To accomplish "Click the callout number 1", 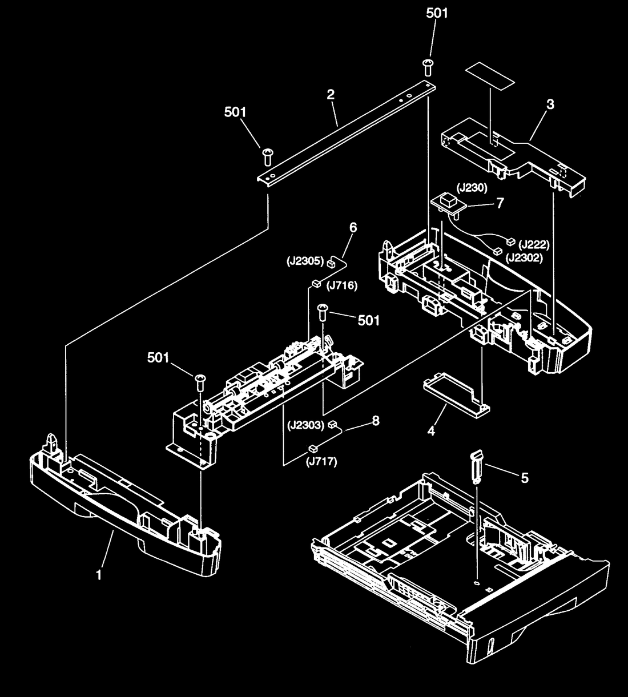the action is point(99,575).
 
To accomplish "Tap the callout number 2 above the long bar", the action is point(331,94).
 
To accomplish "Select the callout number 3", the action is point(550,104).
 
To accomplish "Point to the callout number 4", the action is point(431,431).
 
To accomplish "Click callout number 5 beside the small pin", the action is point(525,478).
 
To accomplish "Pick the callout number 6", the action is point(353,228).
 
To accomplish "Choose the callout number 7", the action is point(500,203).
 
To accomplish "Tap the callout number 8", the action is point(376,421).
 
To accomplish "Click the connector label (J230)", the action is point(472,188).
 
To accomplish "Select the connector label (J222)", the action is point(534,245).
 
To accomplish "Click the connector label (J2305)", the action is point(305,261).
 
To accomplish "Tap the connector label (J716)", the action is point(341,285).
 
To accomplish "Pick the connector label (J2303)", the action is point(306,425).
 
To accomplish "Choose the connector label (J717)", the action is point(321,462).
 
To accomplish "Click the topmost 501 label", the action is point(437,13).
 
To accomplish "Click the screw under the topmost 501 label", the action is point(428,67).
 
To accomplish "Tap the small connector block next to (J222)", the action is point(511,242).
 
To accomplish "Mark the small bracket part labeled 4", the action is point(456,394).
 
